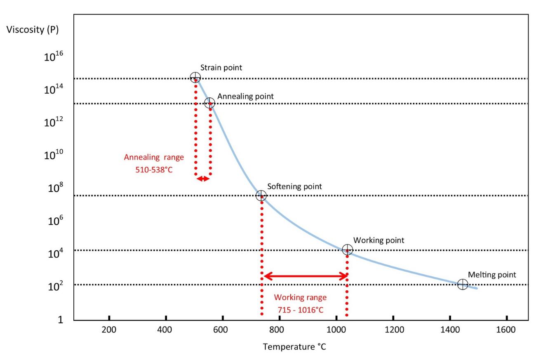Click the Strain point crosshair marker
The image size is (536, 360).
195,77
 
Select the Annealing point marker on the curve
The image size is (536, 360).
209,103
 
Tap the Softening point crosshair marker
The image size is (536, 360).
261,195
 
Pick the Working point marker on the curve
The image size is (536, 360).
348,249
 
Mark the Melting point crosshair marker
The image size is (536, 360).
463,284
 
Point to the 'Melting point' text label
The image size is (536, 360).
492,275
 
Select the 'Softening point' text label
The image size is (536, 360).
294,186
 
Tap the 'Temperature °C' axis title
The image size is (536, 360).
295,347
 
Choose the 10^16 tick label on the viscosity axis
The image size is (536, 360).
54,58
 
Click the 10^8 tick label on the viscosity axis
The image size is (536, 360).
54,189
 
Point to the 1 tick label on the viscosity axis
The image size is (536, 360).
60,320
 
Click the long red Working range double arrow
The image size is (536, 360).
305,276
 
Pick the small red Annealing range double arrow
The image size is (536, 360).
202,179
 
